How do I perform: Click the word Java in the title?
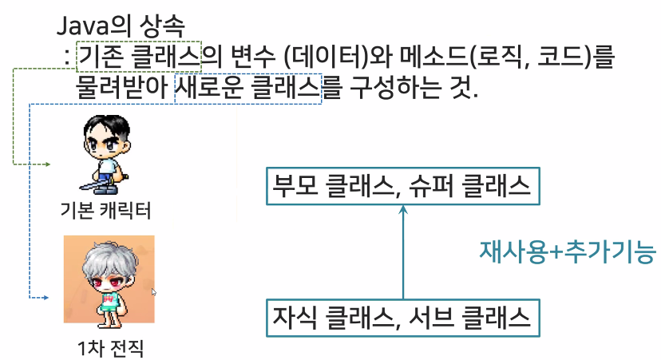77,26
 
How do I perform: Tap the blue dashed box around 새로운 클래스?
247,88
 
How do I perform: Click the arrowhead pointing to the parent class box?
404,210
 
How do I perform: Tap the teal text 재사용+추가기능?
567,253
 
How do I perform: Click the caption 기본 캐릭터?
105,211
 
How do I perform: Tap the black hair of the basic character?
106,126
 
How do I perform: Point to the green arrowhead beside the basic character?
47,164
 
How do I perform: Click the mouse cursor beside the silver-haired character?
153,292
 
